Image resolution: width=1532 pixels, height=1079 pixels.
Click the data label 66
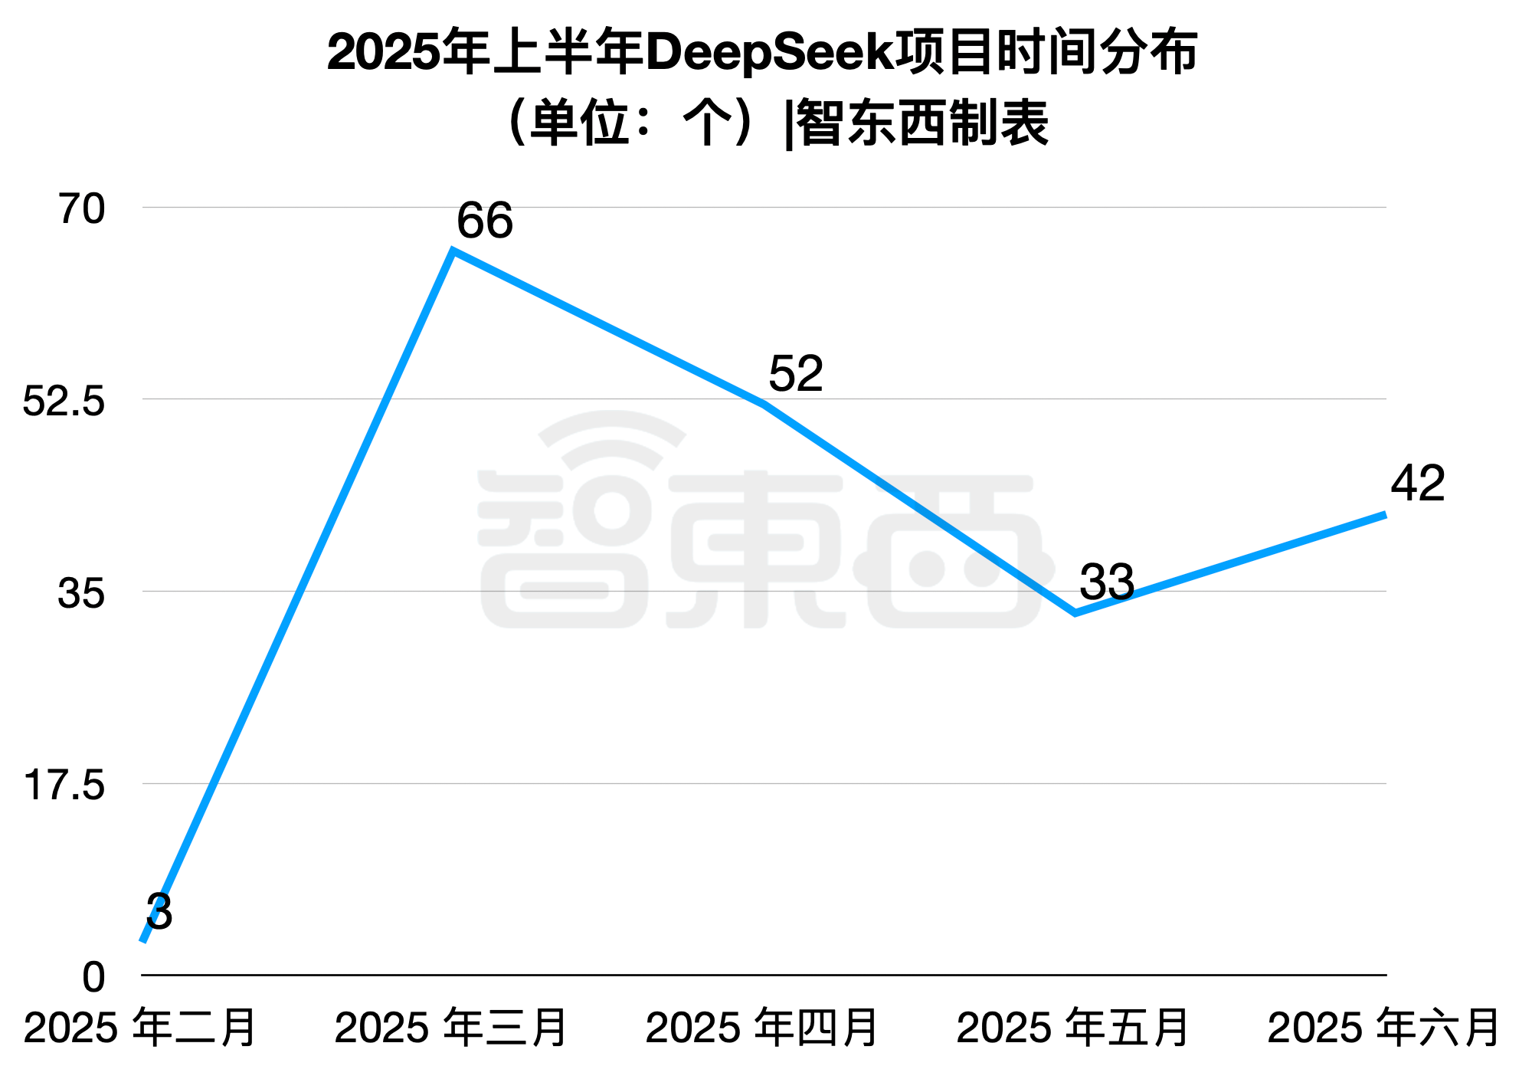click(x=484, y=221)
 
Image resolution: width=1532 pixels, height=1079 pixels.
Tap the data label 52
click(x=795, y=374)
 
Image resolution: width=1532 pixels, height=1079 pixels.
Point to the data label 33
click(x=1106, y=582)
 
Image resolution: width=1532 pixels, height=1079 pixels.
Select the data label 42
click(x=1417, y=484)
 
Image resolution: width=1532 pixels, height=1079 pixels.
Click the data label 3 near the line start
click(x=159, y=912)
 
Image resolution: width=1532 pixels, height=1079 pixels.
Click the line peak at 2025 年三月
click(x=453, y=251)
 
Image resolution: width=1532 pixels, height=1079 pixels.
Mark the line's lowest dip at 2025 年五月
click(x=1075, y=612)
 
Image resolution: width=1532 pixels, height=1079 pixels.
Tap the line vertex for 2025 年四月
click(x=764, y=404)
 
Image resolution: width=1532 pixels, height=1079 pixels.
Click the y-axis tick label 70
click(x=81, y=209)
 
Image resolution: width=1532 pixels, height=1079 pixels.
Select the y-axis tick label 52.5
click(x=64, y=401)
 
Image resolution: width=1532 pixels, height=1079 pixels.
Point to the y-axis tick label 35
click(x=80, y=593)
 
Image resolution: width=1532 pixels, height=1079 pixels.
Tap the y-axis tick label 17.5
click(x=64, y=785)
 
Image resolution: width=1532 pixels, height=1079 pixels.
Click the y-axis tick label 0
click(x=93, y=978)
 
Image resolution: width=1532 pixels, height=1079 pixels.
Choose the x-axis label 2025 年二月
click(x=140, y=1028)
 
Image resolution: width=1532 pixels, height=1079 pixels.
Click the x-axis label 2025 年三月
click(x=451, y=1028)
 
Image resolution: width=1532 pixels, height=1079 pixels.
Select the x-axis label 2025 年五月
click(x=1073, y=1028)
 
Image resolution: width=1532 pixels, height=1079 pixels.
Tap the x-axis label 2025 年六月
click(x=1383, y=1028)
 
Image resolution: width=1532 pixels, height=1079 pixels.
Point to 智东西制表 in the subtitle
click(x=922, y=123)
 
